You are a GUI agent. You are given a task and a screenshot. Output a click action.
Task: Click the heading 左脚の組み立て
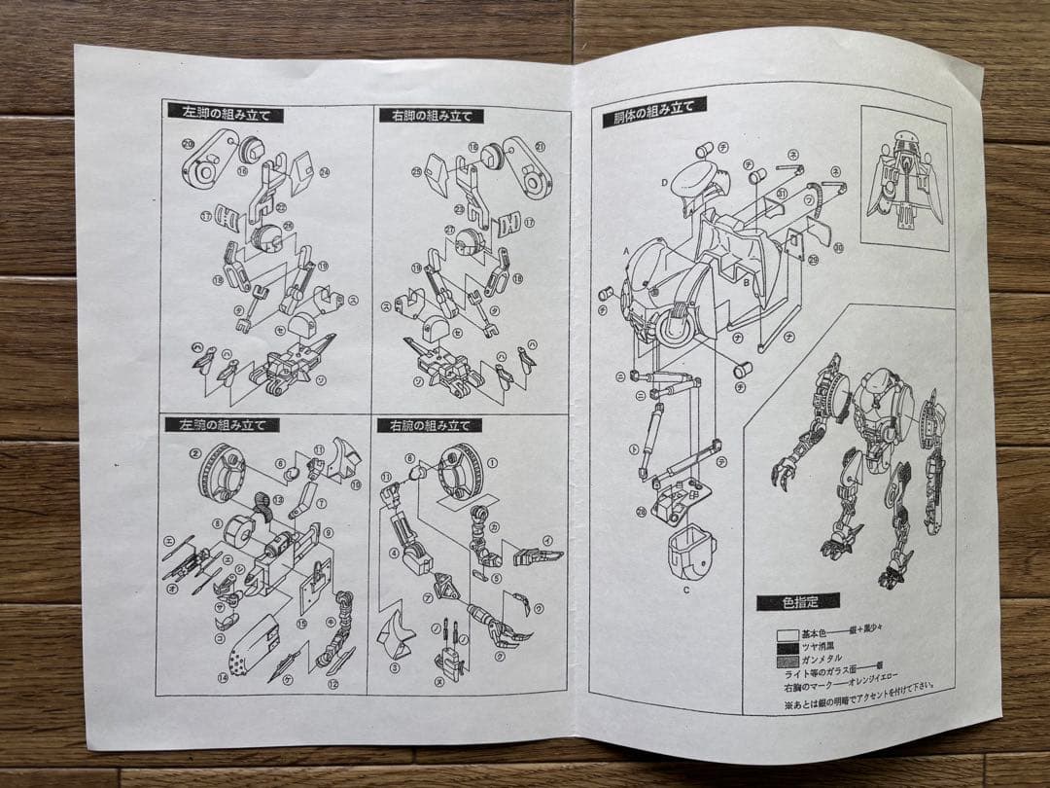225,113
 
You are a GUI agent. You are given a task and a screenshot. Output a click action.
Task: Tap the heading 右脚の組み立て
431,116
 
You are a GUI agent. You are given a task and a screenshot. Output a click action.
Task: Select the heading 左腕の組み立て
222,425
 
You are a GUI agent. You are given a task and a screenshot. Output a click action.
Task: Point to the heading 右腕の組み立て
429,425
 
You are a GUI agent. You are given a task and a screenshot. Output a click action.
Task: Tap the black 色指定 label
796,602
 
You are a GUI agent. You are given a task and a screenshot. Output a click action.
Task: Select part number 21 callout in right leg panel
540,147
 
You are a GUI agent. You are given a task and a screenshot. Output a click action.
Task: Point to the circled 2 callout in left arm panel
195,453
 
